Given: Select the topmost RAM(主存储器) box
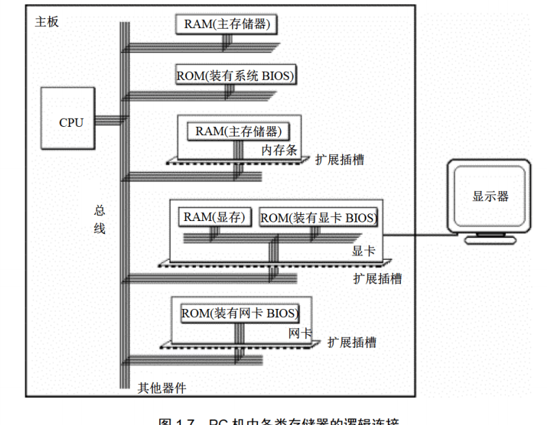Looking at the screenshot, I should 227,25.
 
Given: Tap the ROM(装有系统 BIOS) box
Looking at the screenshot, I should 236,76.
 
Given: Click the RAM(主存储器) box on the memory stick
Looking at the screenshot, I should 238,132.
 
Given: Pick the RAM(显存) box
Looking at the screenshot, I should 216,217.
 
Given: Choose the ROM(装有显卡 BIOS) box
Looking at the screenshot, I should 319,218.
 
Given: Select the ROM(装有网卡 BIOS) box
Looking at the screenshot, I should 240,314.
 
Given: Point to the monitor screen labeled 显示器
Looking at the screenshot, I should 490,196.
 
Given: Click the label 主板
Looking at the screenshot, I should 46,22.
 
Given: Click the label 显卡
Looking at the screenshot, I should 363,250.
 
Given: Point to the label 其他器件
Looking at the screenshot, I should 162,388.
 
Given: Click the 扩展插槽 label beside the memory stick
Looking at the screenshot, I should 339,160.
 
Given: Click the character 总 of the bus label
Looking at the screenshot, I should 100,211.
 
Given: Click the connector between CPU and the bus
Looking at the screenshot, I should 107,120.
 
